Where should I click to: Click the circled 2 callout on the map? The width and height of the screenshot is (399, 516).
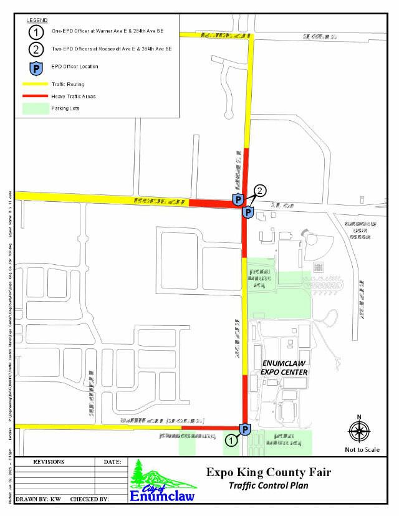click(261, 190)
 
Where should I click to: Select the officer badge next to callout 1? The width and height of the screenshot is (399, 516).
click(246, 429)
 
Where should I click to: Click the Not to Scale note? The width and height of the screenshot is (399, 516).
click(362, 449)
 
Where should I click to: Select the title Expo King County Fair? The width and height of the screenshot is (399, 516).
click(269, 472)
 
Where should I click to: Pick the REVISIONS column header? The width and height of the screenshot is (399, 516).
click(49, 462)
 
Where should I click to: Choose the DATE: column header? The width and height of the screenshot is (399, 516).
click(112, 462)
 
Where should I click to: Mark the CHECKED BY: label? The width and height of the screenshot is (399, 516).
click(90, 499)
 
